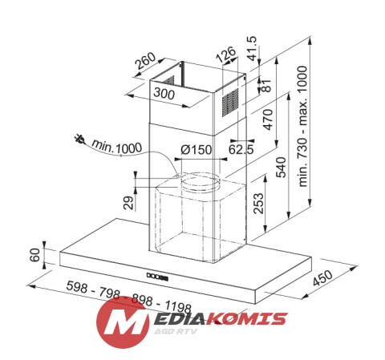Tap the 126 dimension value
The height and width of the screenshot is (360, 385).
(228, 55)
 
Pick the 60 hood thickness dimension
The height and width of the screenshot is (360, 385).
(34, 257)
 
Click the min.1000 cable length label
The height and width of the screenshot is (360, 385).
(117, 148)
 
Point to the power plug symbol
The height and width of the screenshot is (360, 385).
(78, 139)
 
